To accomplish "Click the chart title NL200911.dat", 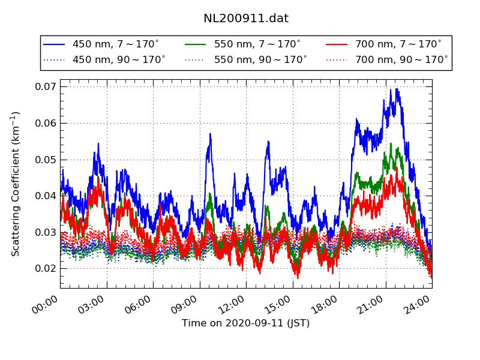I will [x=246, y=19].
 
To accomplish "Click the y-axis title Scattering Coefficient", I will [x=16, y=184].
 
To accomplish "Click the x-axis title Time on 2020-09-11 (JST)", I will [x=246, y=323].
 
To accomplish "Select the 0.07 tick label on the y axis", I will [x=44, y=87].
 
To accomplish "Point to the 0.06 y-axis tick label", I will [x=44, y=123].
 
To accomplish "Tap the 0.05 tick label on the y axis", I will [x=44, y=160].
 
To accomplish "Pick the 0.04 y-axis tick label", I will [x=44, y=196].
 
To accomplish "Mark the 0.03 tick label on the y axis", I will [x=44, y=232].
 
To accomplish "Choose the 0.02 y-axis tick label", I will [x=44, y=268].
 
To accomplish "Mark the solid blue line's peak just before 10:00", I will [x=210, y=134].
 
